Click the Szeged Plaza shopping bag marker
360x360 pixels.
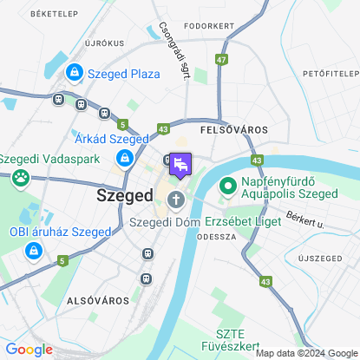point(75,73)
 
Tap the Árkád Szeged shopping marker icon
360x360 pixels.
point(125,157)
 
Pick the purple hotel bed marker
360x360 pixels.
point(180,164)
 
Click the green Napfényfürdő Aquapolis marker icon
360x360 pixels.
point(229,186)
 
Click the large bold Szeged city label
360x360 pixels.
point(124,196)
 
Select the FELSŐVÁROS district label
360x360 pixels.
point(233,128)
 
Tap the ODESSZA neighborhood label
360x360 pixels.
point(217,236)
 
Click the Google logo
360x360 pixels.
point(29,350)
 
